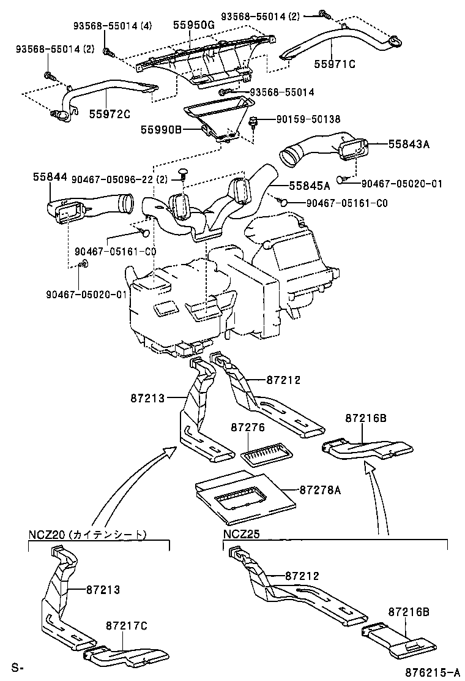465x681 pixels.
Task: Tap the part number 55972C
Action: [109, 114]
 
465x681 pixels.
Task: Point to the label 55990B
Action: [161, 129]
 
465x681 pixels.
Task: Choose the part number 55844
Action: [50, 176]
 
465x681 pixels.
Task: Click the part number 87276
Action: [247, 426]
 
